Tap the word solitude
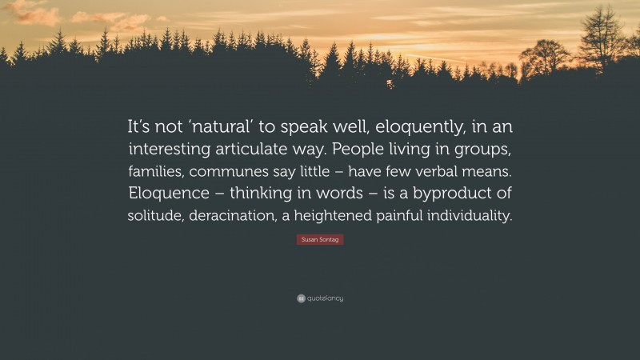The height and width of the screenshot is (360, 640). [x=157, y=215]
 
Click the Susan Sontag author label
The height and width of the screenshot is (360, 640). [x=320, y=239]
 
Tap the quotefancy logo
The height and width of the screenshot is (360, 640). [x=320, y=298]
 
